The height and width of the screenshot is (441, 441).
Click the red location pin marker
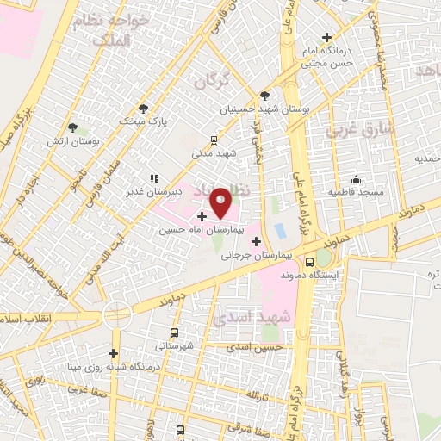pyautogui.click(x=220, y=203)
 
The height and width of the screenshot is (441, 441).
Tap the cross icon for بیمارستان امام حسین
pyautogui.click(x=201, y=216)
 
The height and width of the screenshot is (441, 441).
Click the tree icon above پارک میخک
pyautogui.click(x=143, y=108)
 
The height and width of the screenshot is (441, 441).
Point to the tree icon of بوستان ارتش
pyautogui.click(x=84, y=127)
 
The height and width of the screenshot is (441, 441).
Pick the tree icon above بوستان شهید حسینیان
pyautogui.click(x=264, y=96)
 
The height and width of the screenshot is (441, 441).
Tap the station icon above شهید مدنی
pyautogui.click(x=214, y=139)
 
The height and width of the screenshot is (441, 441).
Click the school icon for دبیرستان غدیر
pyautogui.click(x=154, y=178)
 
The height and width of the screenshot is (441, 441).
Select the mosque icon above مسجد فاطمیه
pyautogui.click(x=356, y=179)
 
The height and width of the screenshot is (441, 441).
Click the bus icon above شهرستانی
pyautogui.click(x=175, y=332)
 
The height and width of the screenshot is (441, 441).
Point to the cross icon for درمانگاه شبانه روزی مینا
pyautogui.click(x=113, y=353)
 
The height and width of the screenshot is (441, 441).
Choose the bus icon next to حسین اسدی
pyautogui.click(x=310, y=334)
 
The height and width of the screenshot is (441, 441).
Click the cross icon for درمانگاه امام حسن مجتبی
pyautogui.click(x=326, y=37)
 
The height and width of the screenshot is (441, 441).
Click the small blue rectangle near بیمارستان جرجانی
pyautogui.click(x=281, y=231)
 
